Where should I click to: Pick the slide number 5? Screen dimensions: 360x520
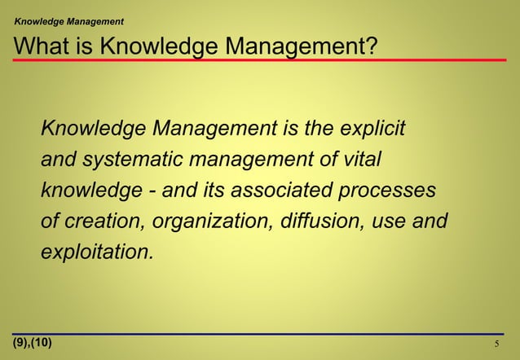[497, 344]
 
